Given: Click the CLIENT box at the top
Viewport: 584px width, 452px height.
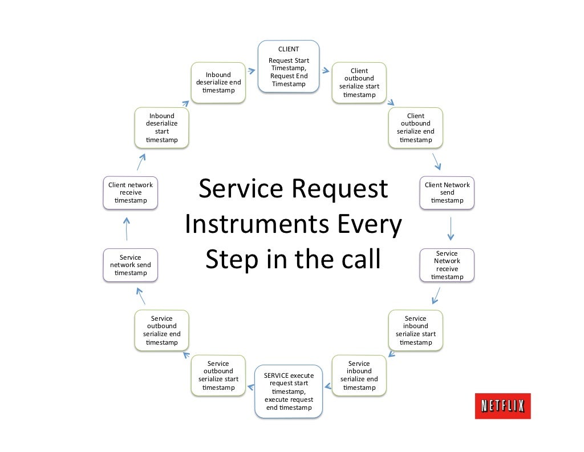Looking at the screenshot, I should coord(289,66).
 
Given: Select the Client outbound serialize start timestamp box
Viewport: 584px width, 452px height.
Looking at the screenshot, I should coord(359,83).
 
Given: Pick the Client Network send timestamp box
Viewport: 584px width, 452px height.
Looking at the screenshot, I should coord(447,192).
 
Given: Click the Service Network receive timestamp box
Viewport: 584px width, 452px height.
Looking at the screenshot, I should coord(447,265).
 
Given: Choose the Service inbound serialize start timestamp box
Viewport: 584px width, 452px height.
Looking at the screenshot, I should coord(415,330).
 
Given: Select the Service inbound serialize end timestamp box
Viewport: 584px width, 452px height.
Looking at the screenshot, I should coord(359,375).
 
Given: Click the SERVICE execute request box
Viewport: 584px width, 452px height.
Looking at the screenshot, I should coord(289,391).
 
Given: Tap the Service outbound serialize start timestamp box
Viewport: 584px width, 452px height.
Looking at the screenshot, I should coord(218,375).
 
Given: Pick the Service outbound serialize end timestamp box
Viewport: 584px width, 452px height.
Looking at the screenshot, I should coord(161,330).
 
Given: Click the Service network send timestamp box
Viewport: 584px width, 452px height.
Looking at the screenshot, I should coord(130,265).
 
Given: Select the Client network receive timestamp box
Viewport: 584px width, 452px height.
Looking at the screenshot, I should coord(130,192).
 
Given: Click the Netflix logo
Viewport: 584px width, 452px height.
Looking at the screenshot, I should coord(502,406).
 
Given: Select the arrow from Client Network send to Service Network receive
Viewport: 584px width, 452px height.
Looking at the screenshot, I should coord(450,228).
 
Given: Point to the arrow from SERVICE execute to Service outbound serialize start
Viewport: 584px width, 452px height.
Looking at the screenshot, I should coord(250,388).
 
